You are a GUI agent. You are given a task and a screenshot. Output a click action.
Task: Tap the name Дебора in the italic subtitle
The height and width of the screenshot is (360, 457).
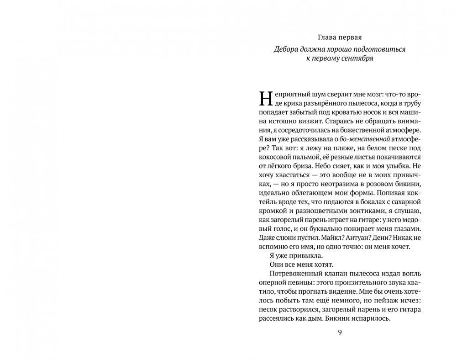click(x=286, y=48)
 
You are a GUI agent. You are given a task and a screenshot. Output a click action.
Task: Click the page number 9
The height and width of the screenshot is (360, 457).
click(x=339, y=333)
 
